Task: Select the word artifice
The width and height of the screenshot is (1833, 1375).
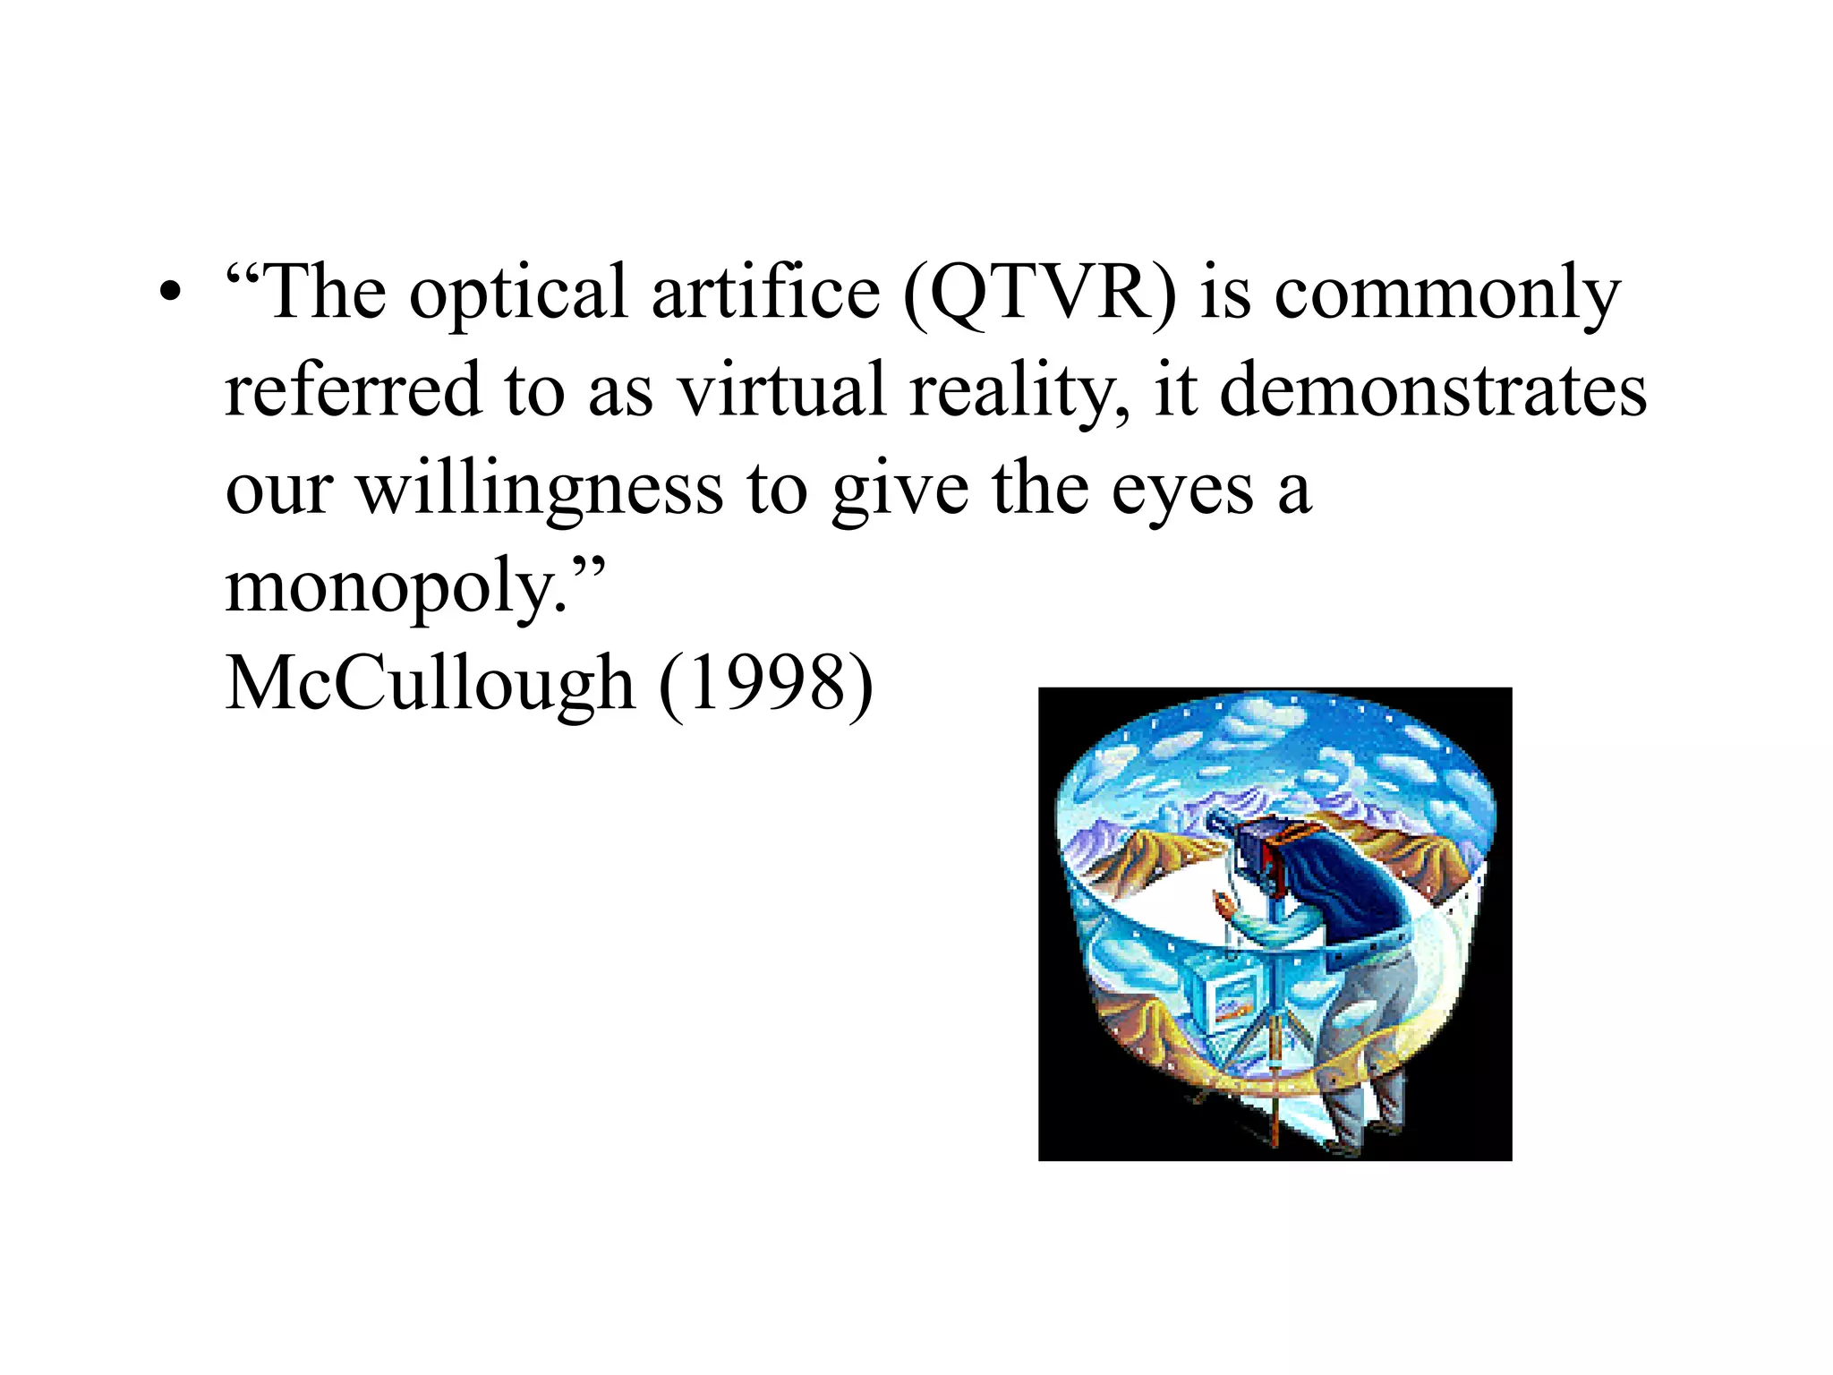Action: [765, 294]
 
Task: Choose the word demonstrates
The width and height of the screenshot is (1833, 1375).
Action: [1432, 390]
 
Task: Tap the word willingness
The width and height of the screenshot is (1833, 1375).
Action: [540, 491]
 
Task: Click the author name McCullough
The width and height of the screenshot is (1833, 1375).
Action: [430, 684]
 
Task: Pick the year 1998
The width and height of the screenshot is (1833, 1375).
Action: [766, 684]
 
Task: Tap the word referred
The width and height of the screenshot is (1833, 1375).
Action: [353, 390]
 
